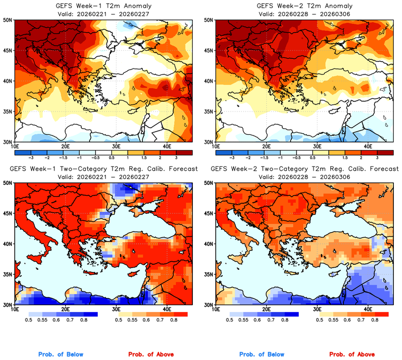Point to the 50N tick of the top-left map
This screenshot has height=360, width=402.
[8, 20]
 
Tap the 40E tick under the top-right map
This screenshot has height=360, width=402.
[368, 146]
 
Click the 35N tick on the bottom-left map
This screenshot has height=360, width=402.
[8, 275]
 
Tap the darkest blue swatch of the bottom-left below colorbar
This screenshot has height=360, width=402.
[90, 314]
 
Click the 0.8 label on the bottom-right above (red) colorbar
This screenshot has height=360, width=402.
[375, 321]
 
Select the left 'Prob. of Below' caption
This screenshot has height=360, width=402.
[61, 354]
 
